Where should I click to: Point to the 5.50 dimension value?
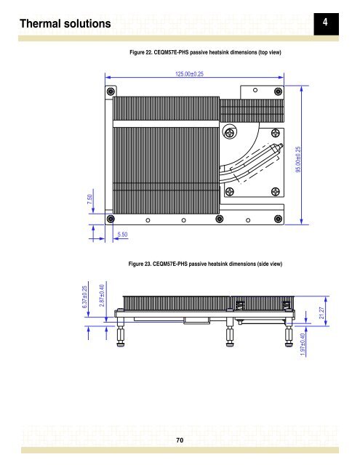(x=123, y=235)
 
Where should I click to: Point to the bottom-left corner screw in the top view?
(x=111, y=219)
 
